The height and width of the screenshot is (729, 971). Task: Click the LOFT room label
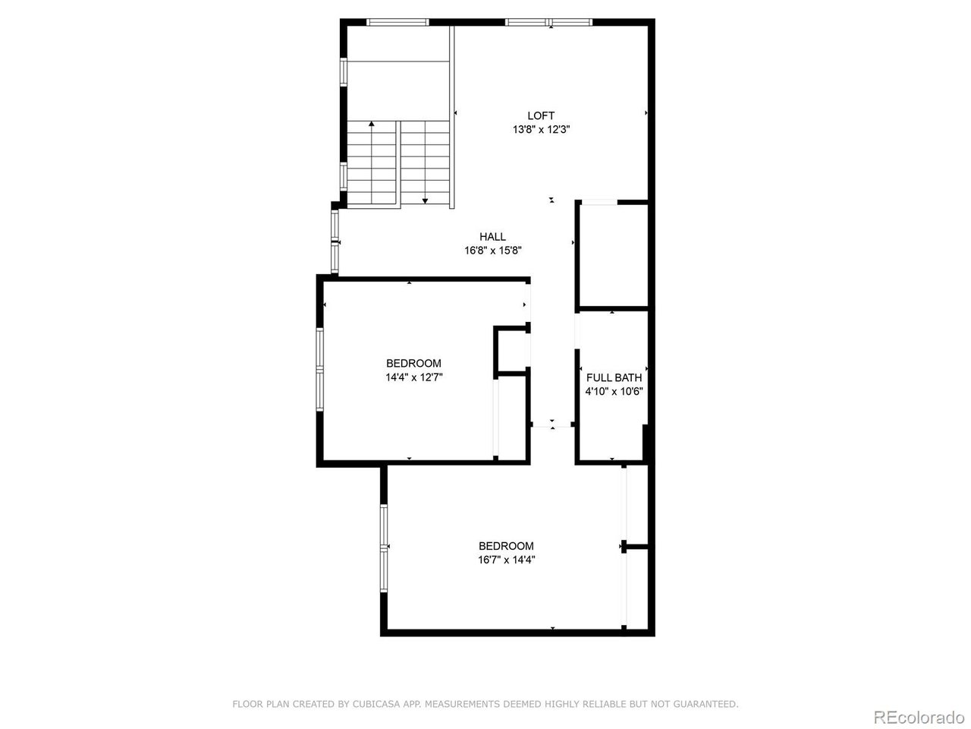(541, 115)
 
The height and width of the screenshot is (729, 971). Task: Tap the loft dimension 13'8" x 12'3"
(541, 130)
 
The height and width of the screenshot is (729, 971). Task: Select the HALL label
(492, 236)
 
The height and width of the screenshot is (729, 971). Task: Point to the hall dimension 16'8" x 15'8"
(493, 250)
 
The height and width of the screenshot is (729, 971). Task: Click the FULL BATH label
(614, 377)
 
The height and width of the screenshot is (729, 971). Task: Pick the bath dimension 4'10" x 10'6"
(614, 392)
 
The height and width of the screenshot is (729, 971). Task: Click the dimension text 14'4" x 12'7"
(413, 377)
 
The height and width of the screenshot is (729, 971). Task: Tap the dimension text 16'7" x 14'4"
(506, 560)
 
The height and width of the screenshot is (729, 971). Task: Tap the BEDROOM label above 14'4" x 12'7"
(413, 363)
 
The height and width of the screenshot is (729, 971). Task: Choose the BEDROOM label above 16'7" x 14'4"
(506, 545)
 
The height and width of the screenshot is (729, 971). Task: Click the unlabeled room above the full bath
(612, 255)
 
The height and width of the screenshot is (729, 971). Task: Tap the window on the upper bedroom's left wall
(320, 369)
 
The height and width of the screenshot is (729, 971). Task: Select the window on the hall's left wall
(335, 241)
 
